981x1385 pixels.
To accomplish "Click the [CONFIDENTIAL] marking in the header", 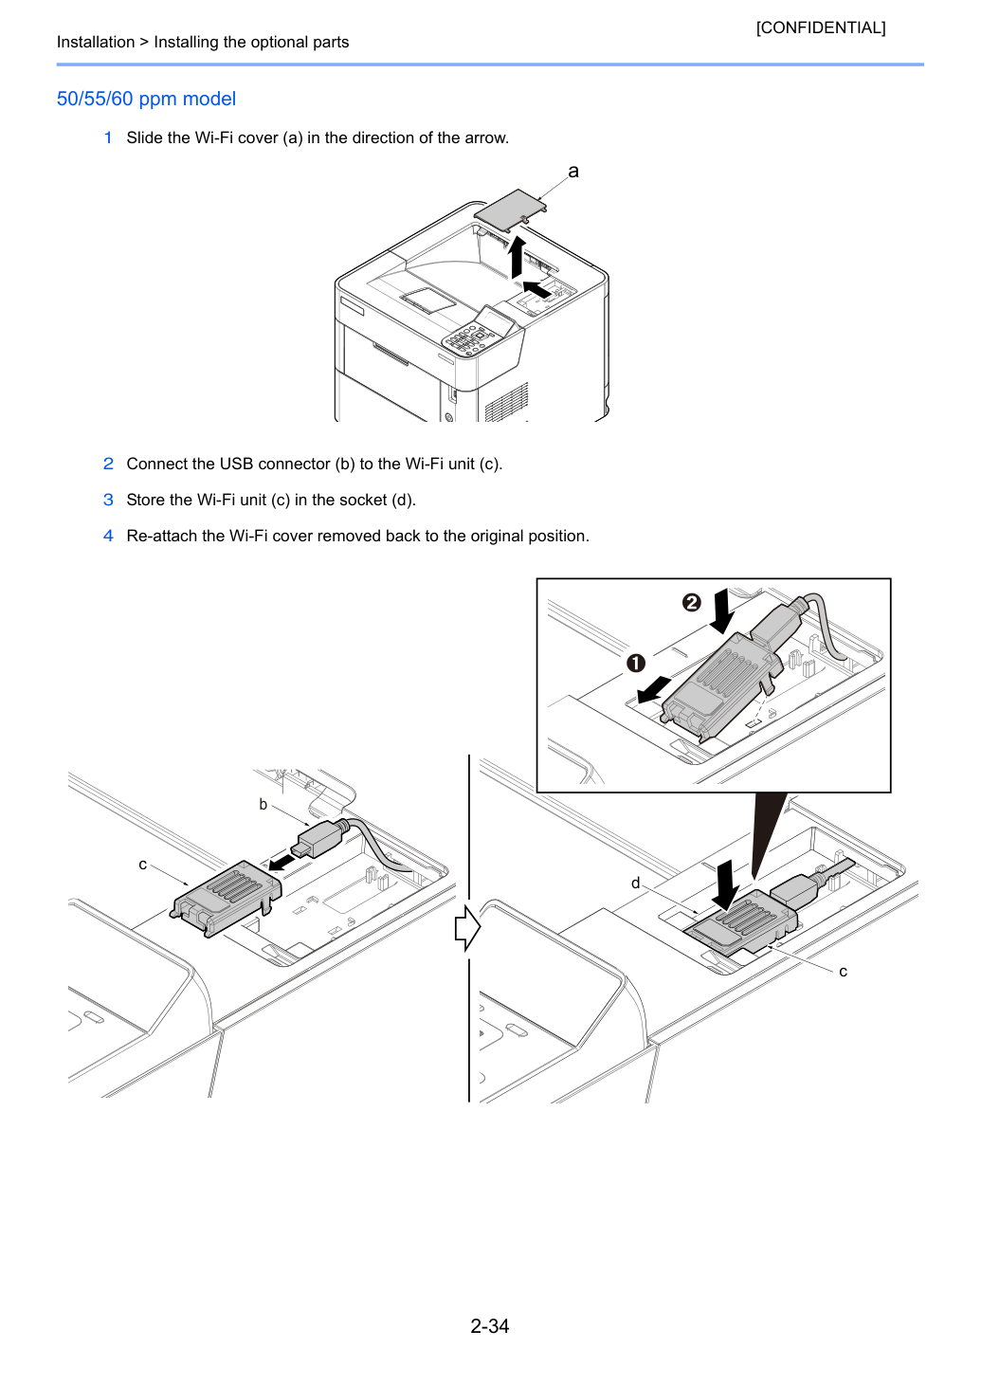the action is tap(820, 27).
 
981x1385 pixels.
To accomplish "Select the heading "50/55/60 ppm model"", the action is tap(146, 99).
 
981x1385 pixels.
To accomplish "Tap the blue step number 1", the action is tap(108, 137).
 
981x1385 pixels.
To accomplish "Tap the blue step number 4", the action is tap(108, 536).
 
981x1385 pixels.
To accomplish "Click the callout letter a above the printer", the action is tap(573, 172).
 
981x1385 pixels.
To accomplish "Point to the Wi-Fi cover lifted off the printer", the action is tap(511, 210).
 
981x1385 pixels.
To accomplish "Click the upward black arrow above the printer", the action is tap(517, 257).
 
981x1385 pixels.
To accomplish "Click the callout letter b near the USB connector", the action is tap(263, 805).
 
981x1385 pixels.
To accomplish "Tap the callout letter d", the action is tap(635, 883).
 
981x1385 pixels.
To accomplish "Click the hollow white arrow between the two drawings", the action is tap(467, 928).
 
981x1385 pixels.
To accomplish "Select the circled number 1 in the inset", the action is tap(636, 664).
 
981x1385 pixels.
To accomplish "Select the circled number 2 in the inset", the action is tap(692, 602).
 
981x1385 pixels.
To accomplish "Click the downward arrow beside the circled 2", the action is tap(721, 610).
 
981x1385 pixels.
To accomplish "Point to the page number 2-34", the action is tap(490, 1325).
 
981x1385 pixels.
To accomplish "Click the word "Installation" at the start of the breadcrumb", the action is tap(95, 42).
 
